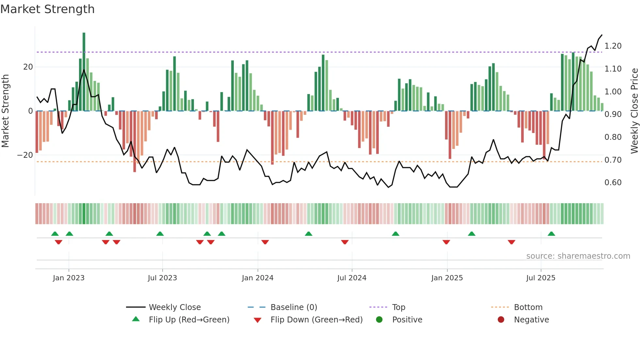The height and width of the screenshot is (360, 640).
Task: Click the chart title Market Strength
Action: tap(47, 9)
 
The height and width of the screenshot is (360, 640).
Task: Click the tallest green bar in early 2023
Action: tap(84, 72)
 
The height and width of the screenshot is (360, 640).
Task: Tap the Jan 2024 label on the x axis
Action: tap(258, 278)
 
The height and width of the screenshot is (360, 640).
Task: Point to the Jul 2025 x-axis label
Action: tap(541, 278)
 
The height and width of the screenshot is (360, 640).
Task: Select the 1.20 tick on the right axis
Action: tap(613, 46)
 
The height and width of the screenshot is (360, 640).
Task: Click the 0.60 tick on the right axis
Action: tap(613, 183)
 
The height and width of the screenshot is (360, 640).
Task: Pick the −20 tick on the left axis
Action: tap(25, 155)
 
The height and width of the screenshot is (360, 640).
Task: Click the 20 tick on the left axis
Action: tap(28, 67)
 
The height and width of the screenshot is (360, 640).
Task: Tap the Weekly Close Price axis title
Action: tap(634, 111)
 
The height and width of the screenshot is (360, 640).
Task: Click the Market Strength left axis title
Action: tap(5, 111)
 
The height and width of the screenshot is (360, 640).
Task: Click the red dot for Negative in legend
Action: tap(501, 319)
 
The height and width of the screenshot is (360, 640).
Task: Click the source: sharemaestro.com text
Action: tap(578, 256)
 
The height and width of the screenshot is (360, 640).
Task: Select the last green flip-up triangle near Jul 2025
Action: tap(551, 234)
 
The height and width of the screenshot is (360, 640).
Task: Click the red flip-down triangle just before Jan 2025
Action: tap(446, 242)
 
